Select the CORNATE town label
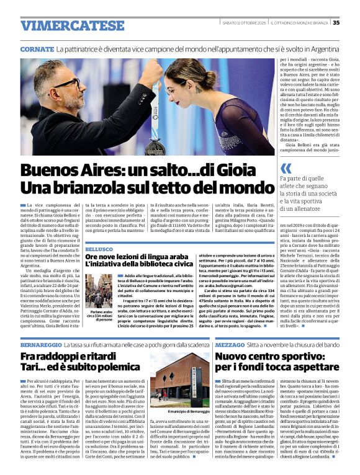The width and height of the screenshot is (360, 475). [x=37, y=48]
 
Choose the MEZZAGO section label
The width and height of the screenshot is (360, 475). [x=229, y=344]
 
